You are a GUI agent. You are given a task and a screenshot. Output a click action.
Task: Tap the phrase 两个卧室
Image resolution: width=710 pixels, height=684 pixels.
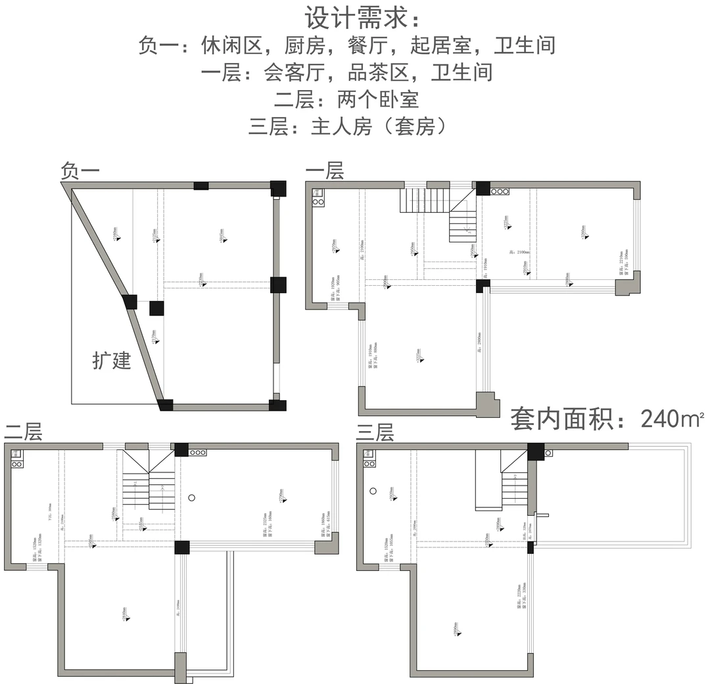377,99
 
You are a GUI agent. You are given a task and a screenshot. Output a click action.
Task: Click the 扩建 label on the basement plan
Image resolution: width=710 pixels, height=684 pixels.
112,361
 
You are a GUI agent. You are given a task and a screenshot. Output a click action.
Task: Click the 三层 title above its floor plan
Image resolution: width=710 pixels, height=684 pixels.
375,432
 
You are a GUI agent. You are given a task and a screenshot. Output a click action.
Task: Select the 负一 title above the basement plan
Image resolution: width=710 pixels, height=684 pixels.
80,171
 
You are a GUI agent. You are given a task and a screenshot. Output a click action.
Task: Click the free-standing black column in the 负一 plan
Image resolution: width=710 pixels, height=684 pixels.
156,308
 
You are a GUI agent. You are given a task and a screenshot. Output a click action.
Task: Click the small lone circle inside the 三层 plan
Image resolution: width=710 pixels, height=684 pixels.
372,490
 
